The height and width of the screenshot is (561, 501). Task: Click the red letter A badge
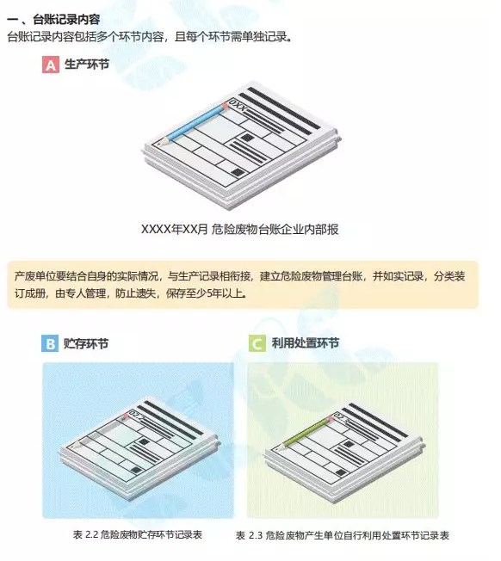click(51, 65)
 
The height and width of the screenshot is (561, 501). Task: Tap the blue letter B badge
click(50, 344)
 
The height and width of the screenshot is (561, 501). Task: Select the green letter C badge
click(257, 344)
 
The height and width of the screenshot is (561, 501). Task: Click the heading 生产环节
click(87, 65)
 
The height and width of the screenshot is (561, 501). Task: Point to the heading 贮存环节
click(86, 344)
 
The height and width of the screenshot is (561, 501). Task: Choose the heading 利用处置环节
click(306, 343)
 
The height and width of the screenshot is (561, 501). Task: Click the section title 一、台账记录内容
click(53, 19)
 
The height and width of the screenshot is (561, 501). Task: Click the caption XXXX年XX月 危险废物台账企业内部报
click(240, 229)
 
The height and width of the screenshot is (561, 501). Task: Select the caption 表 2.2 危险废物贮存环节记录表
click(138, 534)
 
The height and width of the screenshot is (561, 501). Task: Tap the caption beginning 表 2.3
click(343, 535)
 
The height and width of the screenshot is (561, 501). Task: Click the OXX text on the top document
click(238, 105)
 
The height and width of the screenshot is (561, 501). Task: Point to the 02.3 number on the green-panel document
click(340, 417)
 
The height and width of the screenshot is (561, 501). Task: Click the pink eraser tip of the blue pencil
click(225, 106)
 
